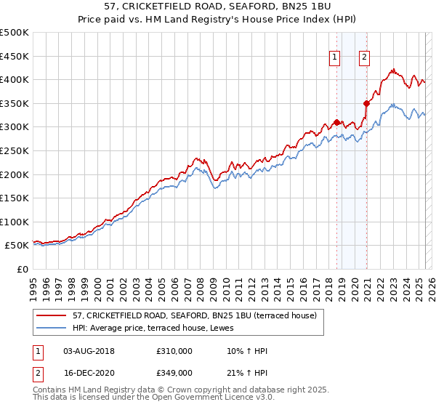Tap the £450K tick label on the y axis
15,56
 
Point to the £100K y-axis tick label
15,222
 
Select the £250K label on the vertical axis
15,150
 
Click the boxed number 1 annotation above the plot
335,59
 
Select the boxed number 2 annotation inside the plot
364,59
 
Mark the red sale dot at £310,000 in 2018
336,122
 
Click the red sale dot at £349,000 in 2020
367,103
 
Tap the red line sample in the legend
52,316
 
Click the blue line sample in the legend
52,329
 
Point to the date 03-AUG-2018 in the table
89,351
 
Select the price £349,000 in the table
174,372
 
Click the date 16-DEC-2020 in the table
89,372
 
